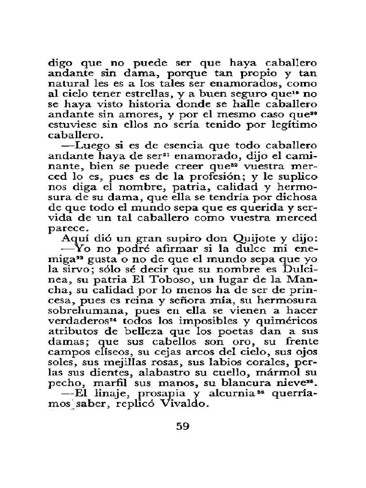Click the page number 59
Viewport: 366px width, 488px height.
pos(183,426)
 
